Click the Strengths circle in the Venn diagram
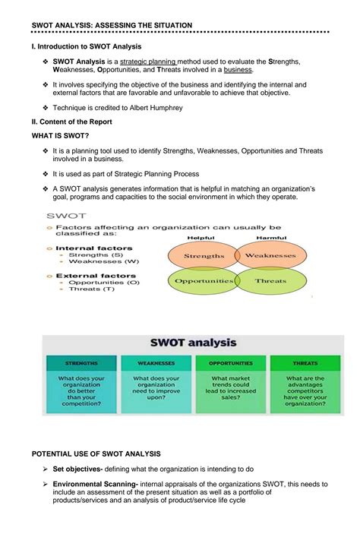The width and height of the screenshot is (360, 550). point(204,256)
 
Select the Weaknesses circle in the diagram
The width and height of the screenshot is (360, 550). point(270,256)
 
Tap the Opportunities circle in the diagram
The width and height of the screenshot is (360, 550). point(204,280)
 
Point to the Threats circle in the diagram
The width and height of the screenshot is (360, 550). point(270,280)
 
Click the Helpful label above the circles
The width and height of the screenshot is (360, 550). point(201,237)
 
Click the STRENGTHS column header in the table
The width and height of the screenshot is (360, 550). point(80,363)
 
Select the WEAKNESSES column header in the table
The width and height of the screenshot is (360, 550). point(156,363)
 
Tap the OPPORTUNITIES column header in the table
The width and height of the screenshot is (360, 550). point(230,363)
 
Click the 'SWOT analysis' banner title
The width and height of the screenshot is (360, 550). point(194,343)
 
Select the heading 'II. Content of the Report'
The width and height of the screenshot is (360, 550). point(72,122)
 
